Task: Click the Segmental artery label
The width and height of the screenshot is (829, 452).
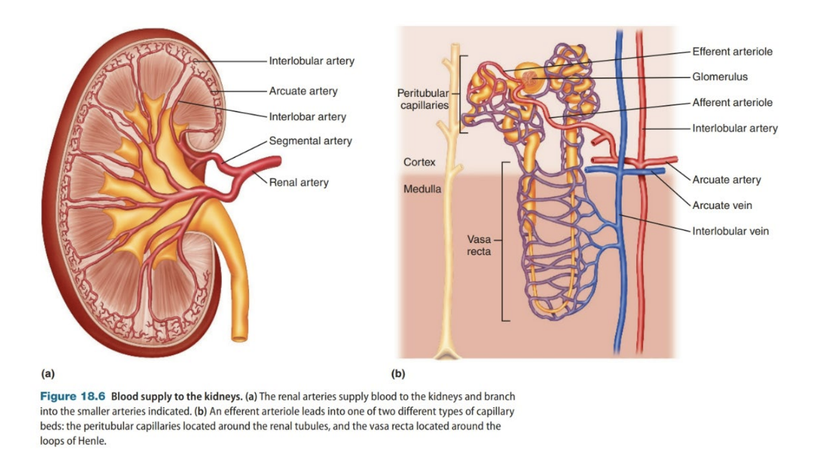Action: tap(310, 141)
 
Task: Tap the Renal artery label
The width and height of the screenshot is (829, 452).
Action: tap(299, 182)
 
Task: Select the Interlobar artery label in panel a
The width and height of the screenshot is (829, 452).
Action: tap(307, 117)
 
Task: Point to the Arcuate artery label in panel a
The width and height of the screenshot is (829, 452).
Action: tap(303, 91)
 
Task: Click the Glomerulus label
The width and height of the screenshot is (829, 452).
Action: tap(720, 77)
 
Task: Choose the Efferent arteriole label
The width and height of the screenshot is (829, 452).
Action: tap(732, 52)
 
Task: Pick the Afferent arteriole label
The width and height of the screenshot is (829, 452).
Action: tap(732, 102)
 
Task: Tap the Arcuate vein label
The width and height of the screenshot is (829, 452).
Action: tap(722, 205)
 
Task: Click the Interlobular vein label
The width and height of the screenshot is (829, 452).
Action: tap(730, 231)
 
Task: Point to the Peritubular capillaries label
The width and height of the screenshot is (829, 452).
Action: tap(423, 99)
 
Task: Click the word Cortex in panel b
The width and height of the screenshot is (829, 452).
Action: tap(419, 163)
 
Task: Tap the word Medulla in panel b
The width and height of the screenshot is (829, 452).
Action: tap(422, 189)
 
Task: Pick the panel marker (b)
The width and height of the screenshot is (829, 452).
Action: tap(398, 374)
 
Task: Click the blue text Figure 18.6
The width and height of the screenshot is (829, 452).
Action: tap(73, 397)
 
